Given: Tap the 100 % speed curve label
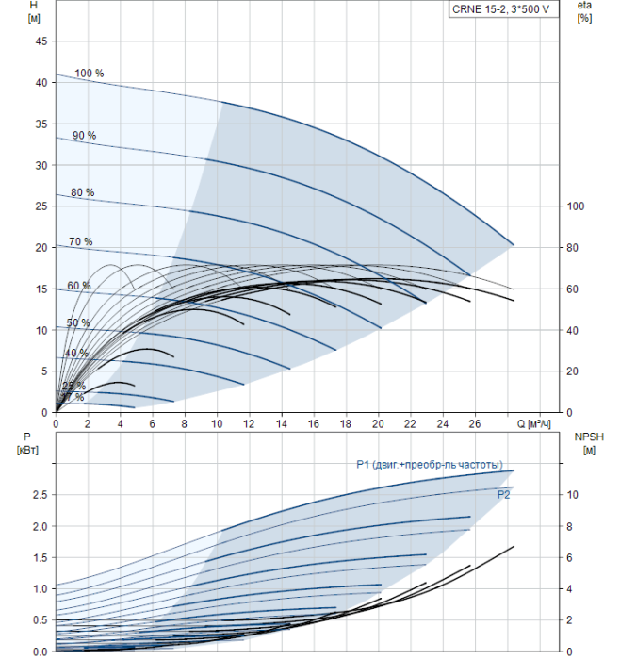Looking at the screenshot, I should coord(89,73).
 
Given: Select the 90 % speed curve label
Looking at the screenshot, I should coord(84,135).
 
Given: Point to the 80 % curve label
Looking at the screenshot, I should coord(82,192).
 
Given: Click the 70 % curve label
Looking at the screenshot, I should coord(80,241).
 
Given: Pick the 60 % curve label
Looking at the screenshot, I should coord(78,286).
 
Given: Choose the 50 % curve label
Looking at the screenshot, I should coord(77,322).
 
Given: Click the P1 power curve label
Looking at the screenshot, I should coord(435,464).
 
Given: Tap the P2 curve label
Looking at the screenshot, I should coord(504,493).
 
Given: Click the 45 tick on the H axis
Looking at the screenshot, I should coord(40,41).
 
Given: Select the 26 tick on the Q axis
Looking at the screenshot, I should coord(474,424).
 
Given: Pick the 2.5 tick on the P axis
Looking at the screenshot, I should coord(38,494).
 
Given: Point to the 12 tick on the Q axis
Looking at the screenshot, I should coord(249,424).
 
